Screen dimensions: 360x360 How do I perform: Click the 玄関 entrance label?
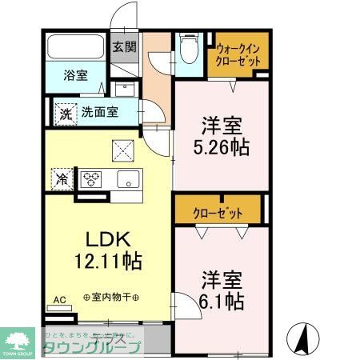[x=124, y=46]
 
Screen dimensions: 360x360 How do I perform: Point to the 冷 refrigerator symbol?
[x=62, y=178]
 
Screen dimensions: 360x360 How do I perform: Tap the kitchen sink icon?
[x=128, y=178]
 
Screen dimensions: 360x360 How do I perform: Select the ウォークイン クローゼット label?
[x=238, y=54]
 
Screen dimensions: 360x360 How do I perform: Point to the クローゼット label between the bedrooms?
[x=217, y=213]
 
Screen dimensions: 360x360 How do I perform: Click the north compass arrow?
[x=303, y=337]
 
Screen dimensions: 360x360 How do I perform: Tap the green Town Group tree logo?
[x=18, y=338]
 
